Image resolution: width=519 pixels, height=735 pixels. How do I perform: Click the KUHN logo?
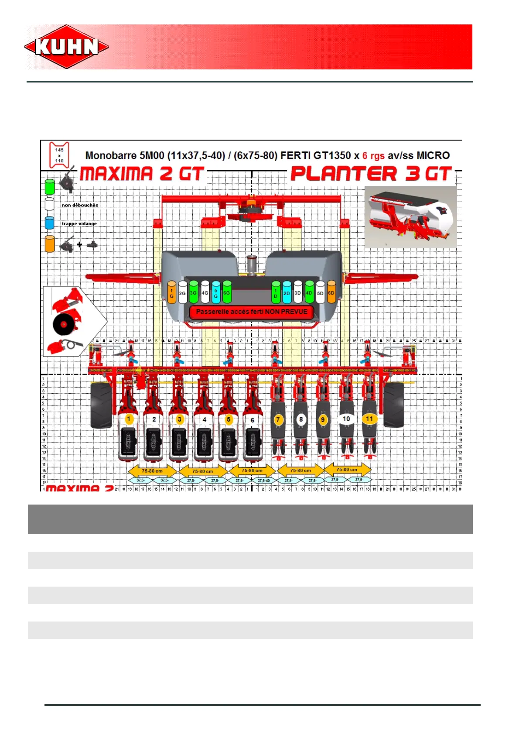point(67,47)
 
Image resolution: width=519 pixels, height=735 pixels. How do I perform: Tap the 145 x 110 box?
point(59,155)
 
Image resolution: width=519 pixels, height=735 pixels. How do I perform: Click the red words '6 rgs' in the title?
point(373,156)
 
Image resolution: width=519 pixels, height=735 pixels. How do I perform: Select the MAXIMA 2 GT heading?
point(142,174)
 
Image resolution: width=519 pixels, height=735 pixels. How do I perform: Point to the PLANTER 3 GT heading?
point(371,174)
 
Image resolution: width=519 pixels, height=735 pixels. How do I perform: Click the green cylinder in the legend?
point(50,186)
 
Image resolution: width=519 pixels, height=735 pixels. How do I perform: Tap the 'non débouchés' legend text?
point(80,205)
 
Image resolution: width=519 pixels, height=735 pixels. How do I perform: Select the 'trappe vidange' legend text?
point(79,224)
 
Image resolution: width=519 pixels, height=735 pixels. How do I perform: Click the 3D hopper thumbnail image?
point(410,217)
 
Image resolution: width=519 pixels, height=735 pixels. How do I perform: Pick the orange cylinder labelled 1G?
point(171,293)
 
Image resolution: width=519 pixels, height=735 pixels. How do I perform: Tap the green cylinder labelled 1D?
point(276,293)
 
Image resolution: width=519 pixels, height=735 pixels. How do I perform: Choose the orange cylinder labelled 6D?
point(331,293)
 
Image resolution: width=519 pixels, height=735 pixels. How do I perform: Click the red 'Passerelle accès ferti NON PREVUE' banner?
point(252,312)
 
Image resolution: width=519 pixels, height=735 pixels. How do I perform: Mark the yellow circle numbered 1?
point(129,419)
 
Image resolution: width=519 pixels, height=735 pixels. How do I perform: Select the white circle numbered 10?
point(346,419)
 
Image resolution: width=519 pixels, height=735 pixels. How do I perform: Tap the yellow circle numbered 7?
point(278,419)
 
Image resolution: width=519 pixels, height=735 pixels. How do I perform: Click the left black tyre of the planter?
point(101,405)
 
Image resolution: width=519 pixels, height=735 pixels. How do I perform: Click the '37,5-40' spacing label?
point(263,481)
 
